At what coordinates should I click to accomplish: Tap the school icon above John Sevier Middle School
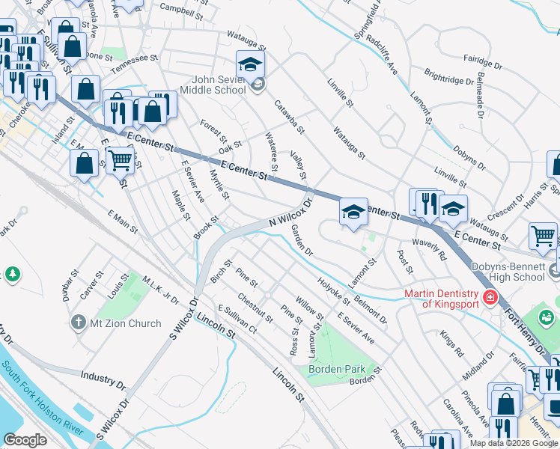251,63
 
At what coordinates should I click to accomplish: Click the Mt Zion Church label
126,323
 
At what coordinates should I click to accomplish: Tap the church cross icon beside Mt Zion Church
77,323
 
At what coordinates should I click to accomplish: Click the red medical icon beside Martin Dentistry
490,298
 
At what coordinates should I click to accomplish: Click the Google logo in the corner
25,440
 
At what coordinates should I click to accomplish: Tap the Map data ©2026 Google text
514,443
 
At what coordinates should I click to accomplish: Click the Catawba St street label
288,117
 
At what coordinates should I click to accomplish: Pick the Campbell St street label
181,12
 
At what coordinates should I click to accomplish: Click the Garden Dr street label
301,239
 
